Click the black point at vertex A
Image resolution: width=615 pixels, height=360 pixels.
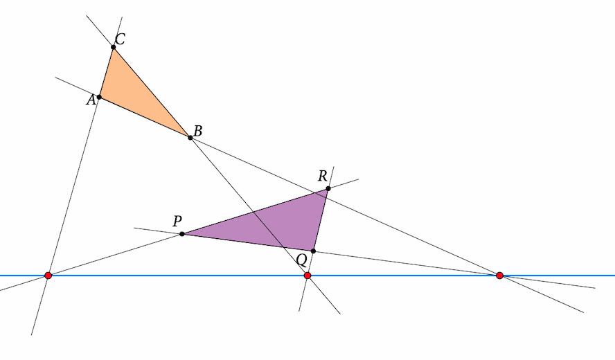tap(99, 97)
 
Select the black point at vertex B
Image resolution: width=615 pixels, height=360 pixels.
tap(190, 138)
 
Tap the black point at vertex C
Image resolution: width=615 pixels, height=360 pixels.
tap(114, 47)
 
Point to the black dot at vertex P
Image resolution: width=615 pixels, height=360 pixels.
tap(182, 234)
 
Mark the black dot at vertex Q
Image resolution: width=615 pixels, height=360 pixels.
tap(313, 251)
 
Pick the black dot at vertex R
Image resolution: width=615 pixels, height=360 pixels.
tap(328, 188)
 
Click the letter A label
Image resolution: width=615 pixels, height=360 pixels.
tap(91, 100)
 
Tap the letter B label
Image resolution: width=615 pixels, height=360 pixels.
tap(198, 131)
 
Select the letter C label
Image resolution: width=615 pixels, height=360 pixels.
tap(120, 39)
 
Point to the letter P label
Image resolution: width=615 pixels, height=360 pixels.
tap(177, 221)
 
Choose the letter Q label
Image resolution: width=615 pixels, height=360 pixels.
tap(302, 260)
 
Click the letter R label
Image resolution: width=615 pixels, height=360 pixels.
tap(323, 176)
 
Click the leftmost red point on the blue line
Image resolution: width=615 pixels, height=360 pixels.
tap(48, 276)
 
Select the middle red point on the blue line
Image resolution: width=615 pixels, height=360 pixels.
tap(307, 276)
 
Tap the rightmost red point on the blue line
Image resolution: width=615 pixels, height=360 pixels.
tap(499, 276)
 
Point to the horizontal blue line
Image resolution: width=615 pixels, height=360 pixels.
tap(307, 276)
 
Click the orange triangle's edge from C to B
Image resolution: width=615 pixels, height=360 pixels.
tap(152, 93)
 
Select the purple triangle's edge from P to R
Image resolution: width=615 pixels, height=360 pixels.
tap(255, 211)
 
